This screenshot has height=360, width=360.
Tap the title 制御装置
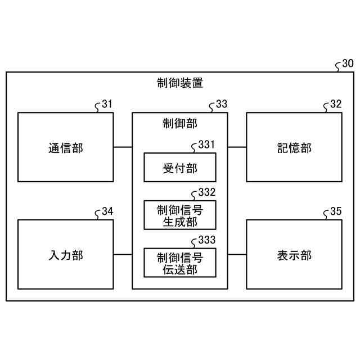(180, 83)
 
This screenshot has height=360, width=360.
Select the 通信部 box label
(65, 148)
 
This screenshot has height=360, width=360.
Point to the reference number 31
(107, 104)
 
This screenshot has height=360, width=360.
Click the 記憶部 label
(294, 148)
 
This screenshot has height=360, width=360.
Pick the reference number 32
(336, 104)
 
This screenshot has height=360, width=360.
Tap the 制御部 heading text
(179, 123)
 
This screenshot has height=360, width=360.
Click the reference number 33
(222, 104)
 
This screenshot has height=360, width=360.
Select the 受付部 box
(180, 168)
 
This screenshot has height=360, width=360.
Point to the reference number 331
(206, 145)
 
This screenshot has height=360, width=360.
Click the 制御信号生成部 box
(180, 215)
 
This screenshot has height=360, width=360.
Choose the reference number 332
(206, 192)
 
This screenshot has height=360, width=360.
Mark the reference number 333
(206, 240)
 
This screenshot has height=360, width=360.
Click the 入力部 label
(65, 255)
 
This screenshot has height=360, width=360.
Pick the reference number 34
(107, 211)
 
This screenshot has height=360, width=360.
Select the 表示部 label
(294, 255)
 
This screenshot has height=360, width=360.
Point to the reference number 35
(336, 211)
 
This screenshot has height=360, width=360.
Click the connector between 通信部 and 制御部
(122, 147)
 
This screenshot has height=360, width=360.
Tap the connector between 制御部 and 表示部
(237, 254)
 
